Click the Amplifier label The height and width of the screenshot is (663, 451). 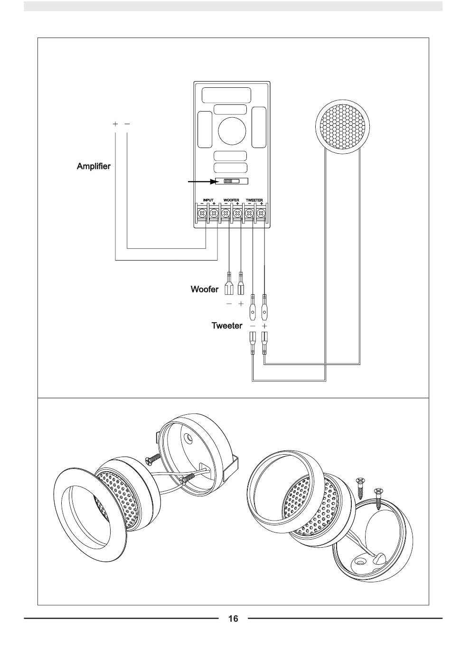(x=94, y=166)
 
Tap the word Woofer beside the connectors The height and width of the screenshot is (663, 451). (x=204, y=289)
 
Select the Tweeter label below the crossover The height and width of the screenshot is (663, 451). (x=227, y=326)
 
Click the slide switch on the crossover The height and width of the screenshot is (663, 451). (x=232, y=181)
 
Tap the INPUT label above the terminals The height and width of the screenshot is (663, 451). (x=208, y=200)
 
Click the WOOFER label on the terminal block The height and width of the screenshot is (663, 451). (x=231, y=200)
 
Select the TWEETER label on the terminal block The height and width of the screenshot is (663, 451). (x=254, y=200)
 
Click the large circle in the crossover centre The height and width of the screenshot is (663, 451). (x=232, y=131)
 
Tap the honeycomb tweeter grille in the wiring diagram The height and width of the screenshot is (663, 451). (x=342, y=127)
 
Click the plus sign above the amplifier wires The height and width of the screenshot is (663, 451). (x=115, y=124)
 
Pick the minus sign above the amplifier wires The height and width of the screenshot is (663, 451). (x=127, y=124)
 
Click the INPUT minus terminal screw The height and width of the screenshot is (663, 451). (x=202, y=213)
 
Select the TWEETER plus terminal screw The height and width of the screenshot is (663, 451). (x=261, y=213)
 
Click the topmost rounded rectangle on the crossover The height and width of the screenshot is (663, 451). (x=226, y=95)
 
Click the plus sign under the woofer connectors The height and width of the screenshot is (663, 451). (x=241, y=304)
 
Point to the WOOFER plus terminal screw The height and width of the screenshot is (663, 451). (x=237, y=213)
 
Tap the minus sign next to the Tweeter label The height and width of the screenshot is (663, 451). (x=253, y=326)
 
